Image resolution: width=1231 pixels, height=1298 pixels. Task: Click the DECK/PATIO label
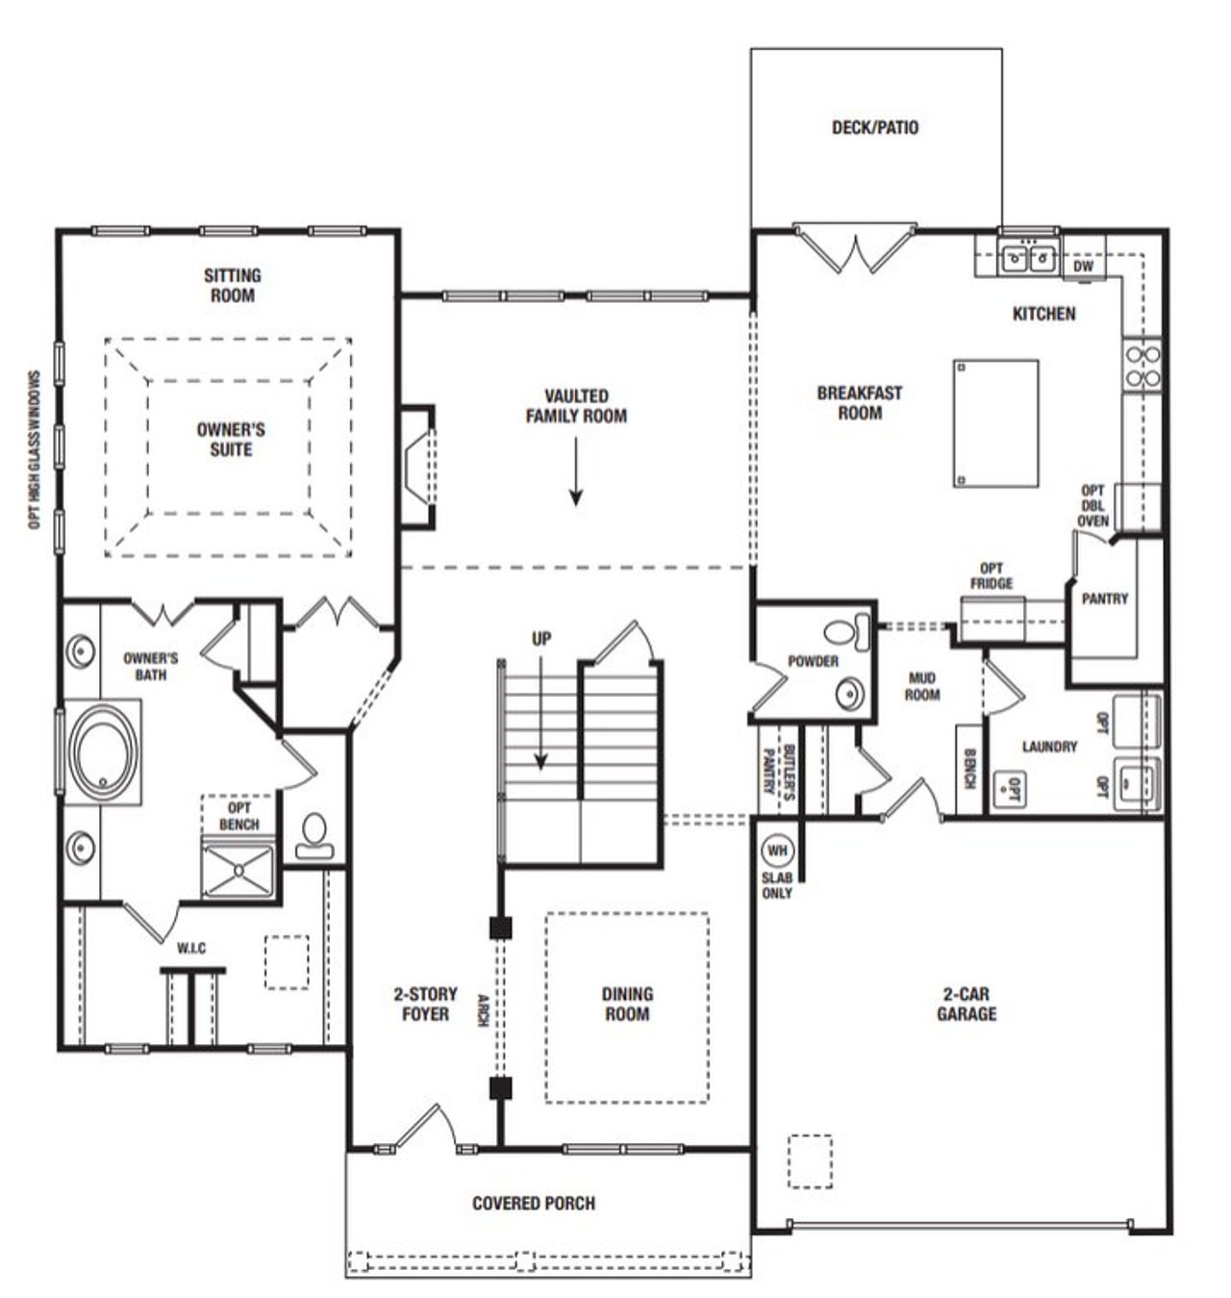point(874,127)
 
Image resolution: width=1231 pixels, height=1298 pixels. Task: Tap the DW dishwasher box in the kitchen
point(1083,267)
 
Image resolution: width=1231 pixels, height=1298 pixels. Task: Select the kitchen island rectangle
point(996,423)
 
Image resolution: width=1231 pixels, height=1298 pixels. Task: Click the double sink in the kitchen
point(1027,258)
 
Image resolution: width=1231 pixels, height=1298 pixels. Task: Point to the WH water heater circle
point(776,851)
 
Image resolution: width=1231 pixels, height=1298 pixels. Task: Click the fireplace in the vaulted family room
point(420,468)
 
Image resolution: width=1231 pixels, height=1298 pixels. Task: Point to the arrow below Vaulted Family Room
point(575,471)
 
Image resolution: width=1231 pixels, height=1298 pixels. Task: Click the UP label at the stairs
point(541,639)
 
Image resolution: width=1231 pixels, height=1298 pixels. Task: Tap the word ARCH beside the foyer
point(483,1009)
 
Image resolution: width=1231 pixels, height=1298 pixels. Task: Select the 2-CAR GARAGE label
point(967,1004)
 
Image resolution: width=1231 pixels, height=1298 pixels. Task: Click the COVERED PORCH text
point(533,1203)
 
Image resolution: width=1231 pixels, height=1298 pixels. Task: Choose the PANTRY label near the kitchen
point(1104,598)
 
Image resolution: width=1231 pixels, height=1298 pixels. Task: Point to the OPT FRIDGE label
point(991,575)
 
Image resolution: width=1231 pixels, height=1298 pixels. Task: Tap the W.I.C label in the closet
point(190,949)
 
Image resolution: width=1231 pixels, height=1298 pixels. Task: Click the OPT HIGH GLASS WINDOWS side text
point(35,450)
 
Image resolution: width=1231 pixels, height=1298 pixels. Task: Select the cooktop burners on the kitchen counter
point(1143,367)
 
